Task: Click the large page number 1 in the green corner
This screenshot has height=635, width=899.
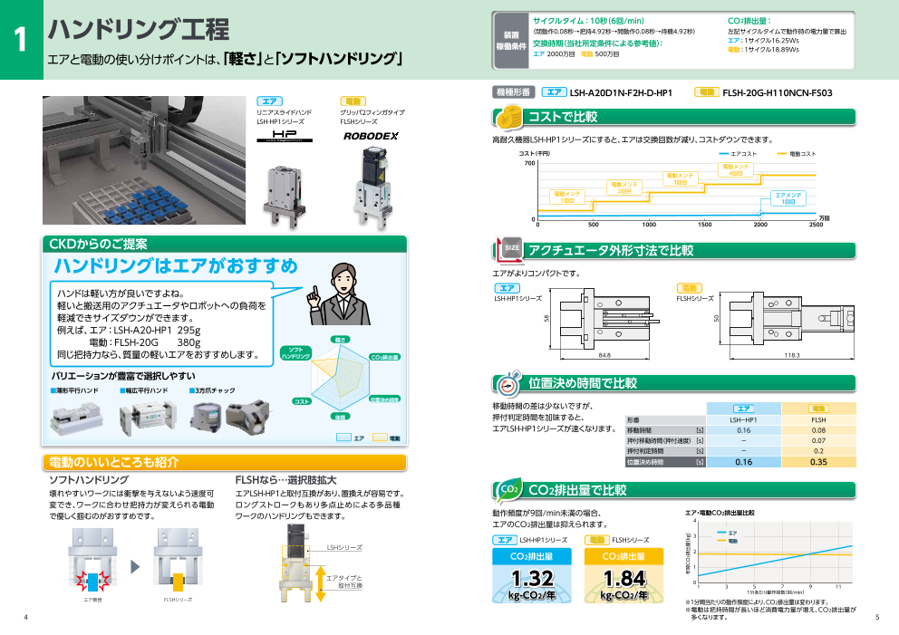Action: coord(20,41)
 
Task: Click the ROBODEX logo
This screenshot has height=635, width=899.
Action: coord(370,136)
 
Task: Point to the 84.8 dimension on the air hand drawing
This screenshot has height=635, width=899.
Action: coord(604,354)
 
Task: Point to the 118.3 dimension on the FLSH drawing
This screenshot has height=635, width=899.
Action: coord(792,354)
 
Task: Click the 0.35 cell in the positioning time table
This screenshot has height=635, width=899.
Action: coord(818,462)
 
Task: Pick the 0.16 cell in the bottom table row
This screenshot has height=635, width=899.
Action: coord(743,462)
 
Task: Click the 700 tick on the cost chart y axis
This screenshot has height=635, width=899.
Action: coord(529,163)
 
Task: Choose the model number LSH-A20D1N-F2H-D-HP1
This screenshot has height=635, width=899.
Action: coord(621,92)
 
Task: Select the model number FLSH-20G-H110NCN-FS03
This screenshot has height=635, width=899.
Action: coord(777,92)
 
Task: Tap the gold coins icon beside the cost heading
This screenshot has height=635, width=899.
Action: coord(508,117)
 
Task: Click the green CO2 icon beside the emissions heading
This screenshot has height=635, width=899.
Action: coord(509,490)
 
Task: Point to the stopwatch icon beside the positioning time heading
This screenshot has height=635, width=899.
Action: coord(509,382)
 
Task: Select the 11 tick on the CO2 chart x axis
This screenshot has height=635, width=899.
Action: coord(838,587)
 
